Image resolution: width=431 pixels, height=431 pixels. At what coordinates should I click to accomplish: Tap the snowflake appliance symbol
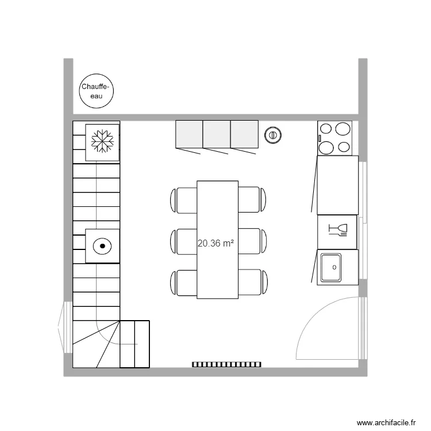click(102, 141)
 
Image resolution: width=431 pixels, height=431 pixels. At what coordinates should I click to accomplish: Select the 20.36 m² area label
click(215, 244)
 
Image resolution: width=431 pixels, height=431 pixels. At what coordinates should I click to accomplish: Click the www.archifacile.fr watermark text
click(386, 422)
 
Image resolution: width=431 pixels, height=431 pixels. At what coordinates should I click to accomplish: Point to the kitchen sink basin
click(330, 267)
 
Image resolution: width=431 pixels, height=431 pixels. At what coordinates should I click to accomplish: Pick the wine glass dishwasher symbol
click(338, 230)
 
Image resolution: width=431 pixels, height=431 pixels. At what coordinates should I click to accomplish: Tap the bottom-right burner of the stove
click(343, 147)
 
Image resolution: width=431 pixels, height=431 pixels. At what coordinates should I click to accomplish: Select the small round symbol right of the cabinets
click(272, 135)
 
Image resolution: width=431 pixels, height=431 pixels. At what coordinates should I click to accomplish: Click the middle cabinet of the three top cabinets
click(217, 134)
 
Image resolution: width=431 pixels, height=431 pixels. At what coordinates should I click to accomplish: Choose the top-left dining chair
click(184, 200)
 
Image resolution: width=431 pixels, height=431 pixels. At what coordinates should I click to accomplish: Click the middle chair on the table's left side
click(184, 241)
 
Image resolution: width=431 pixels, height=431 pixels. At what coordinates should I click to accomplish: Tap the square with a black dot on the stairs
click(102, 246)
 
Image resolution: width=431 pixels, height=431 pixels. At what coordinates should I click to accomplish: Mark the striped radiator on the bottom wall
click(226, 364)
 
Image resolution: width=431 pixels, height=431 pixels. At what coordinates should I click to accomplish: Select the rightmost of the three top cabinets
click(245, 134)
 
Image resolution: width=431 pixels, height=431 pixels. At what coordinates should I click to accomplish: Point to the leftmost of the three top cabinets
click(189, 134)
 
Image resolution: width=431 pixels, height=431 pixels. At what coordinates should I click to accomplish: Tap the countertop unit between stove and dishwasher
click(338, 184)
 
